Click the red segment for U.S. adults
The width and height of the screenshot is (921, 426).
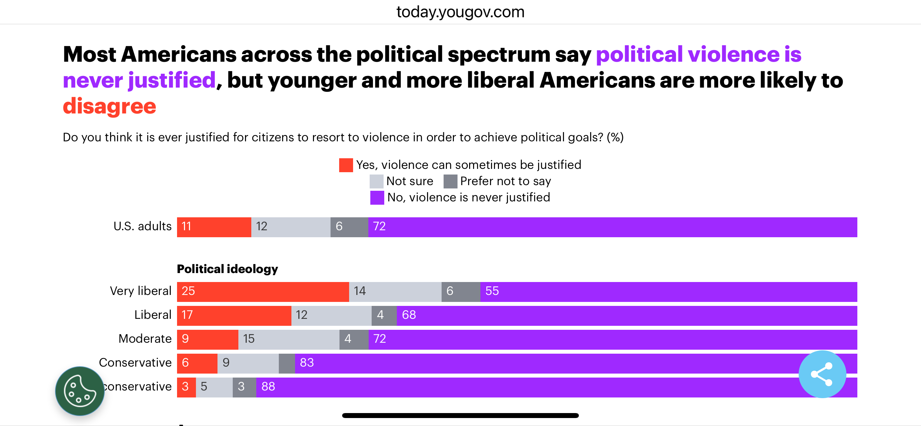pyautogui.click(x=214, y=227)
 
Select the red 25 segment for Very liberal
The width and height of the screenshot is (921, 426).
pyautogui.click(x=263, y=292)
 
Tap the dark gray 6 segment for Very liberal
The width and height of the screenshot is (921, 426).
pyautogui.click(x=460, y=292)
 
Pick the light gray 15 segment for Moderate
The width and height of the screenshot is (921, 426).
pyautogui.click(x=288, y=339)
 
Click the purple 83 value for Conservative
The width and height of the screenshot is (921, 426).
pyautogui.click(x=307, y=363)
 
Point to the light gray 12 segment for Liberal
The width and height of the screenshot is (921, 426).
pyautogui.click(x=331, y=316)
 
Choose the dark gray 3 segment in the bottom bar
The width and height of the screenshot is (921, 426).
pyautogui.click(x=244, y=387)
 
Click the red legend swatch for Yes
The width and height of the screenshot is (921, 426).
pyautogui.click(x=346, y=165)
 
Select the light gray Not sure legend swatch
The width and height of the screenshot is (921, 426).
pyautogui.click(x=376, y=181)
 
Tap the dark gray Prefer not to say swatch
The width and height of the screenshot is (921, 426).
pyautogui.click(x=450, y=181)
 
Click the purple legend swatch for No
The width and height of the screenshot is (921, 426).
pyautogui.click(x=377, y=197)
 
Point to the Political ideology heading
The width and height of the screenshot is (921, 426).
pyautogui.click(x=227, y=269)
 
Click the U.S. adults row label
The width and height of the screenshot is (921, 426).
pyautogui.click(x=142, y=226)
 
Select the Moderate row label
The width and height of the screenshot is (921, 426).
pyautogui.click(x=145, y=339)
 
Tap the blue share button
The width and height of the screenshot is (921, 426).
pyautogui.click(x=822, y=374)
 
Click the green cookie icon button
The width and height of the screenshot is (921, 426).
pyautogui.click(x=80, y=390)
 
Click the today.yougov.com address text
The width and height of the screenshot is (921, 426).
pyautogui.click(x=460, y=12)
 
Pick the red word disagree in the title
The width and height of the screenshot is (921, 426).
pyautogui.click(x=109, y=106)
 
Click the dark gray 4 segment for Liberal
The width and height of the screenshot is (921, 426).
pyautogui.click(x=384, y=316)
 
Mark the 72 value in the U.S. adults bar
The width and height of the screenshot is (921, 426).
pyautogui.click(x=379, y=226)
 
